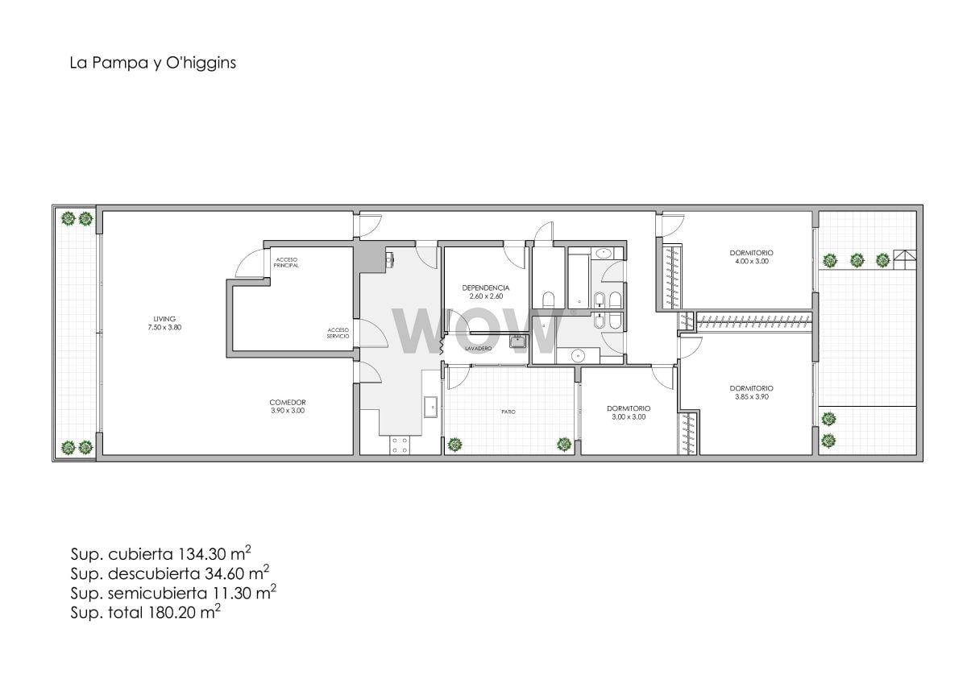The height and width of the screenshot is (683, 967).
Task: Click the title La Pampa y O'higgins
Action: [153, 63]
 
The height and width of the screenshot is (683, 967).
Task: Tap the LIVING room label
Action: [164, 319]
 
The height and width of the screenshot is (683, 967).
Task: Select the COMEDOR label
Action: [288, 403]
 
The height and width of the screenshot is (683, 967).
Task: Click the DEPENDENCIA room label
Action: [486, 288]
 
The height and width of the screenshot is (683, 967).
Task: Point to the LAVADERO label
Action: [479, 348]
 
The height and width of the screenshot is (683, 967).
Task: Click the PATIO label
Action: [508, 412]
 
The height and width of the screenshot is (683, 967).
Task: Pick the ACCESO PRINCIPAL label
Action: [286, 263]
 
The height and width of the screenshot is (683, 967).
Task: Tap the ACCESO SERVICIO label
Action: [338, 333]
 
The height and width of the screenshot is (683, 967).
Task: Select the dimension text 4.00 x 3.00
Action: [752, 261]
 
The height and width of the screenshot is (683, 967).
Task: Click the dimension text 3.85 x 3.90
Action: [752, 396]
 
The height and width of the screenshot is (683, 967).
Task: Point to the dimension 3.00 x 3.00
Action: [629, 416]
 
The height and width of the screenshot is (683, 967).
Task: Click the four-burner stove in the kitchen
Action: [400, 445]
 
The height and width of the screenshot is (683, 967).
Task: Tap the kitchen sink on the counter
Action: [431, 407]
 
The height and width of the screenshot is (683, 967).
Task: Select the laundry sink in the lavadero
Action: [517, 341]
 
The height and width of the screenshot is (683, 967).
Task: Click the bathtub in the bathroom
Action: [579, 281]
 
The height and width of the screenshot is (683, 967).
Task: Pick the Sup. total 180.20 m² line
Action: [146, 612]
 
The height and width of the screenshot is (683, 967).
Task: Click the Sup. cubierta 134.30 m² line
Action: [160, 553]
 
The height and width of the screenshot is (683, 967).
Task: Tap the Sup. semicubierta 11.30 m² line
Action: [173, 593]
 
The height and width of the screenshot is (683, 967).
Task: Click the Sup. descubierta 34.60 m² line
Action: [170, 573]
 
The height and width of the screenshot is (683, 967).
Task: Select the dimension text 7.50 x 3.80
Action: [164, 328]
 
